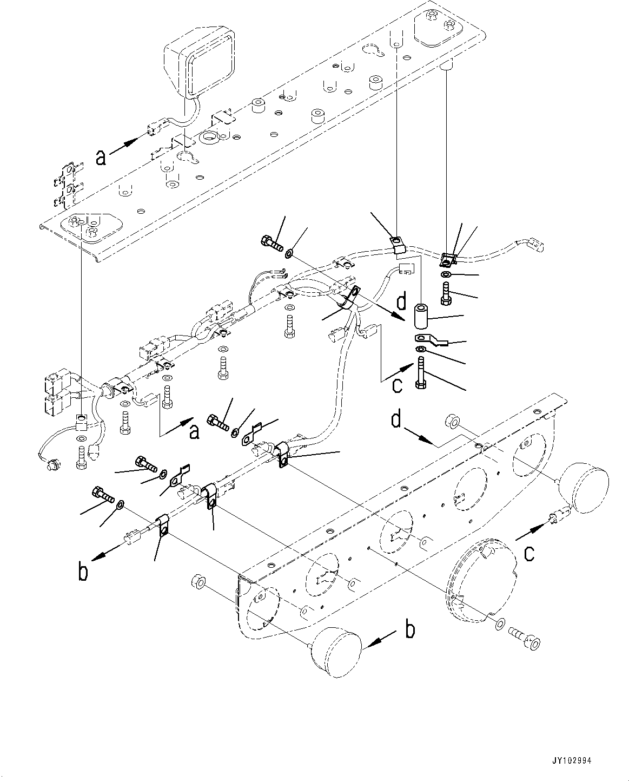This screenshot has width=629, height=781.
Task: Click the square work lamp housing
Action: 198,65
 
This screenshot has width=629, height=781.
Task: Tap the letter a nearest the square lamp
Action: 100,157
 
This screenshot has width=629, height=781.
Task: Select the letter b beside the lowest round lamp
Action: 410,630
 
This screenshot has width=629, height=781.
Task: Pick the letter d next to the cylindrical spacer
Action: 401,302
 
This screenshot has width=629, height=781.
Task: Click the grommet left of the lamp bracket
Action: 198,583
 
